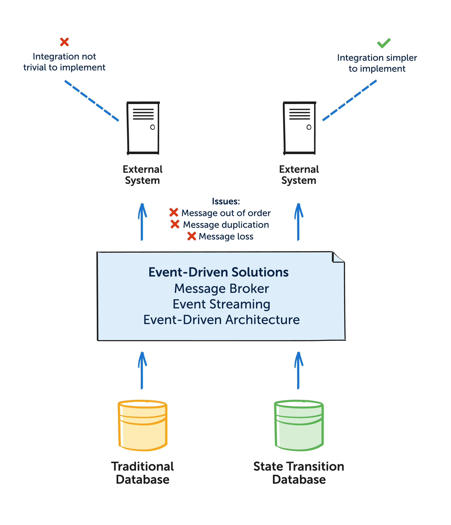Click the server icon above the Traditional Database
(143, 128)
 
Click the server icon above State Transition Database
(299, 128)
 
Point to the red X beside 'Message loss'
(192, 236)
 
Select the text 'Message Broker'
(221, 289)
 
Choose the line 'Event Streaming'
(221, 304)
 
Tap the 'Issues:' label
(226, 201)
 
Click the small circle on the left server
(152, 127)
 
